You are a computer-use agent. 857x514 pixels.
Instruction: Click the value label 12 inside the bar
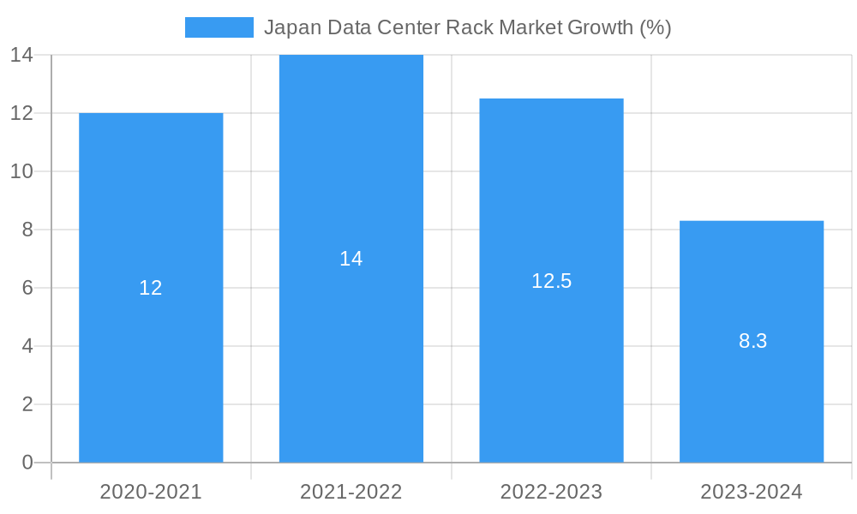151,288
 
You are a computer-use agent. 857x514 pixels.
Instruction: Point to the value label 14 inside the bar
351,259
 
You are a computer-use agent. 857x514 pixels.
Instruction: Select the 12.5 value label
551,281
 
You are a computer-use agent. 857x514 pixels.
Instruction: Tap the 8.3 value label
752,341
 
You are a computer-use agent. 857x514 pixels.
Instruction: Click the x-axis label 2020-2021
151,492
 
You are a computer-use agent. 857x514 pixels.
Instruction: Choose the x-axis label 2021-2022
351,492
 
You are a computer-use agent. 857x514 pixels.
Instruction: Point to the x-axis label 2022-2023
551,492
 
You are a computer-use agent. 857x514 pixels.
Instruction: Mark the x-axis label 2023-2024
752,492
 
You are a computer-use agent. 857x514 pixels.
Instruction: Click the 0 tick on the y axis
27,463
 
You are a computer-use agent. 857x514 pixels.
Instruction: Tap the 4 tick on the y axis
27,346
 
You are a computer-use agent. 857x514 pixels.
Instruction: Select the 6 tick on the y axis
27,288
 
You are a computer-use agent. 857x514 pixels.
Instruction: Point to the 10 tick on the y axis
21,171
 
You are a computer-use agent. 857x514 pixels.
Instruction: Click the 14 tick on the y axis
21,56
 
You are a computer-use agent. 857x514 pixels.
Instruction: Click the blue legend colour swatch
219,27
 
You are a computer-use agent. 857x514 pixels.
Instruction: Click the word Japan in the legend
289,27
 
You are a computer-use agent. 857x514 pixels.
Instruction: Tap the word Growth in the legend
602,27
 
